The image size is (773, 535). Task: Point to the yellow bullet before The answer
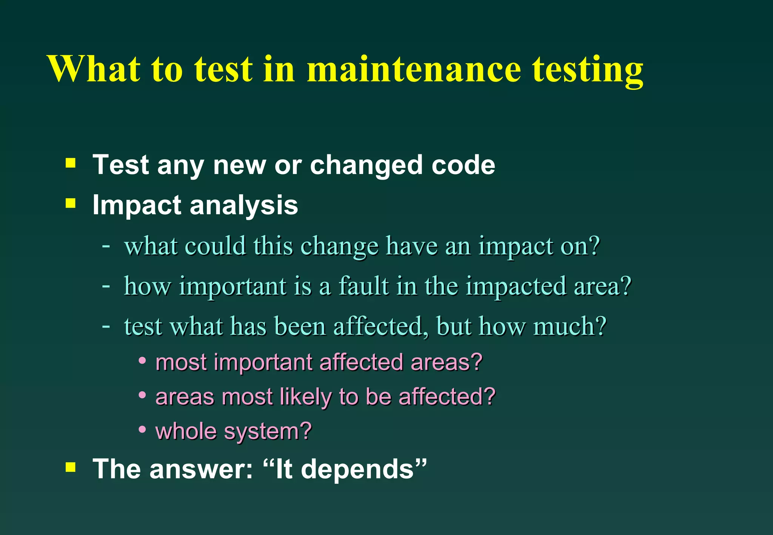tap(71, 467)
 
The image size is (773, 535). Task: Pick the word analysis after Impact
tap(244, 206)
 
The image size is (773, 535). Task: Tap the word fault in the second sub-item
tap(363, 286)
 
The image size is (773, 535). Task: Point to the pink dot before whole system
tap(142, 429)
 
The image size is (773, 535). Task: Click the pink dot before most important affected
tap(142, 361)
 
